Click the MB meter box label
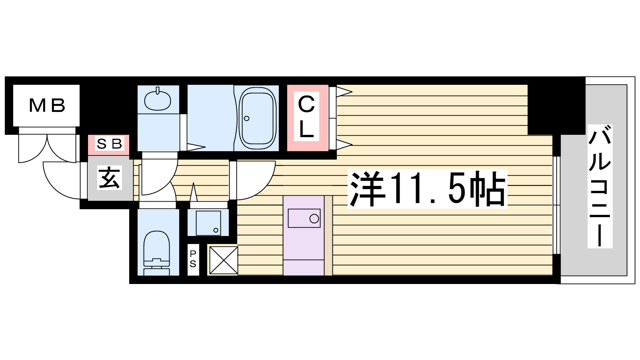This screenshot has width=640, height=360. click(x=47, y=106)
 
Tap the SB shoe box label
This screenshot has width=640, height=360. click(x=110, y=144)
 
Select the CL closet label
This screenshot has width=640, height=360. click(x=306, y=116)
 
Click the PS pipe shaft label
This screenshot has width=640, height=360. click(x=193, y=259)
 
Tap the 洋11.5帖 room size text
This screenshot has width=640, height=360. click(x=427, y=189)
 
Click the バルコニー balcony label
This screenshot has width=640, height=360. click(x=600, y=186)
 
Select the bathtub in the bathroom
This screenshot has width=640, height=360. click(x=258, y=118)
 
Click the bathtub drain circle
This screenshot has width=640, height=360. click(x=246, y=118)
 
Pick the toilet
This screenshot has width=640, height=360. click(x=156, y=253)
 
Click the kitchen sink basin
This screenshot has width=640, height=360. click(x=304, y=218)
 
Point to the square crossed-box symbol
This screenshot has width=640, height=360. click(x=224, y=260)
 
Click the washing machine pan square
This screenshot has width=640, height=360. click(x=208, y=223)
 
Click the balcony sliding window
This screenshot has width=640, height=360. click(x=556, y=205)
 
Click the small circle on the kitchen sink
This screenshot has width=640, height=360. click(x=314, y=218)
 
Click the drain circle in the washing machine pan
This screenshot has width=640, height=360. click(x=216, y=230)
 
